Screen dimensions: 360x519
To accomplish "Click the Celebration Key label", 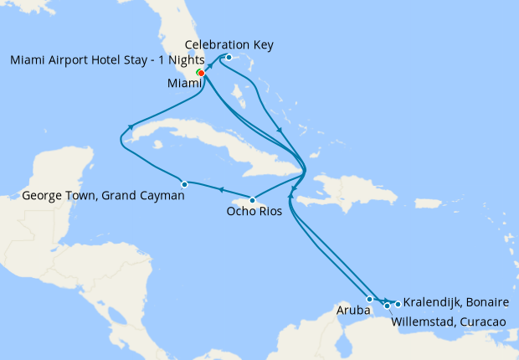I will [229, 44].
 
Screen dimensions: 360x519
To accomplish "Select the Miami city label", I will [184, 82].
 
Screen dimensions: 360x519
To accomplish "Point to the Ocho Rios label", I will [252, 212].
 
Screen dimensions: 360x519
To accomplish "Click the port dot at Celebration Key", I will [229, 57].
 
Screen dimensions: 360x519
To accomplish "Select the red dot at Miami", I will [202, 73].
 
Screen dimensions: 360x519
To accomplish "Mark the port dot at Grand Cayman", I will [184, 184].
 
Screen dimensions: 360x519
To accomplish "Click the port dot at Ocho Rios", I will [252, 199].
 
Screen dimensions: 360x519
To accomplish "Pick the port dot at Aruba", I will [369, 299].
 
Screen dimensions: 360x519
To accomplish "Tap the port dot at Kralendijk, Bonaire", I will [397, 303].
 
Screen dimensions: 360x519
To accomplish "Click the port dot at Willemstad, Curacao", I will [387, 306].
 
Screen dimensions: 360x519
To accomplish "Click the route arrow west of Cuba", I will [131, 127].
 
